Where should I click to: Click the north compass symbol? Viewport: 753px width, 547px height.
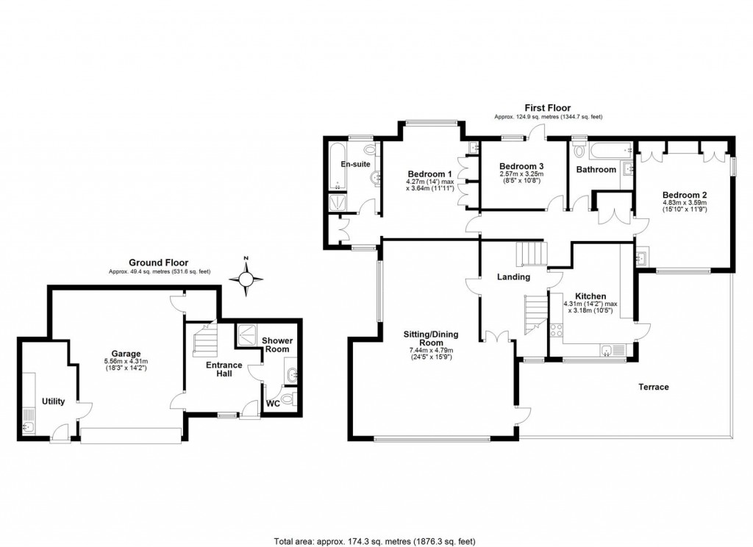pos(247,279)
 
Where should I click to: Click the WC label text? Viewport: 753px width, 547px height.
pos(273,404)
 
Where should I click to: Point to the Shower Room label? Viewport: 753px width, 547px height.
pos(278,346)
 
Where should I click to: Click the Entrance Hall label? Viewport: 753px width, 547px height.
pos(224,370)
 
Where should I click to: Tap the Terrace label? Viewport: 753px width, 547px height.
pos(653,387)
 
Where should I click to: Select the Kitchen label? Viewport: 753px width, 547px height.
pos(590,296)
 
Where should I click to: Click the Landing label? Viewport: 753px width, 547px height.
pos(513,277)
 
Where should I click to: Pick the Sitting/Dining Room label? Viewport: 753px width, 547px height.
pos(431,339)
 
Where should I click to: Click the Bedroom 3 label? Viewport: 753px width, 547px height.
pos(521,166)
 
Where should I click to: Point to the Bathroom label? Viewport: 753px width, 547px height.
pos(596,170)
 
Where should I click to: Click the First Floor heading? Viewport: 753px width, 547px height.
pos(548,108)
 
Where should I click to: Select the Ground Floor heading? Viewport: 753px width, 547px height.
pos(158,262)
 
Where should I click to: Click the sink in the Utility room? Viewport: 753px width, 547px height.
pos(30,426)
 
